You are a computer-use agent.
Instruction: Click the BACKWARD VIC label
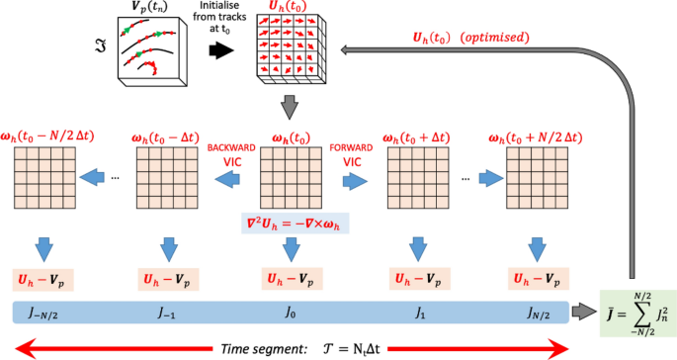pyautogui.click(x=230, y=153)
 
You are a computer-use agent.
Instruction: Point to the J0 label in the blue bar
pyautogui.click(x=290, y=314)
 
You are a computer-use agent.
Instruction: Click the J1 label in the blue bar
pyautogui.click(x=416, y=314)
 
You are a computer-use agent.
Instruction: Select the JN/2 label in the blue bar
pyautogui.click(x=538, y=314)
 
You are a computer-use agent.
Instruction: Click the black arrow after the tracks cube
pyautogui.click(x=221, y=45)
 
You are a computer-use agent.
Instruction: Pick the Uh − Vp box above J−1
pyautogui.click(x=167, y=279)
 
